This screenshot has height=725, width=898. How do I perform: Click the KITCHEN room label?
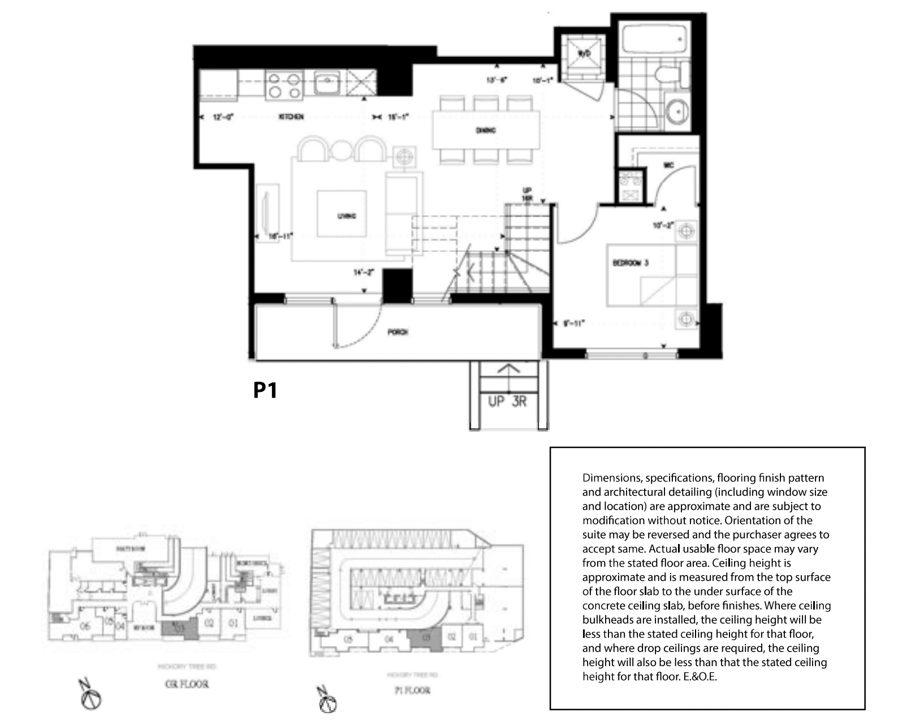click(291, 116)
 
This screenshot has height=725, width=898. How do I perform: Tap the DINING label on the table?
click(486, 130)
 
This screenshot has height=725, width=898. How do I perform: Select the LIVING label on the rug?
click(347, 216)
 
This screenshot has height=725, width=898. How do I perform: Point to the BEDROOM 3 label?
click(630, 263)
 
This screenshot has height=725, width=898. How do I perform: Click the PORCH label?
click(398, 332)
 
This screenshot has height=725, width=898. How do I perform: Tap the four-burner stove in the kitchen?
click(284, 85)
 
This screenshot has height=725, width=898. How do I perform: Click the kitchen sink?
click(326, 84)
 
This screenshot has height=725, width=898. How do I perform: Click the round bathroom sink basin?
click(677, 111)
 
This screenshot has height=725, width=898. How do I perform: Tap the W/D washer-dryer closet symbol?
click(582, 54)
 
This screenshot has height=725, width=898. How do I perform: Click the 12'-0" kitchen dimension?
click(223, 117)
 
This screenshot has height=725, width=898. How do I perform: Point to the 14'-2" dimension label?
click(364, 273)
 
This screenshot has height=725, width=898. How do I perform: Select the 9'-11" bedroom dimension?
click(574, 323)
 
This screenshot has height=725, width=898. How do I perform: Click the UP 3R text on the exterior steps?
click(507, 402)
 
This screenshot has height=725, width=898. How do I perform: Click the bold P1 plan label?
click(265, 390)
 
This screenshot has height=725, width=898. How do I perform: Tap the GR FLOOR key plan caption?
click(187, 684)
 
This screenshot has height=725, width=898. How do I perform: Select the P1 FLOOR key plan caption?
click(412, 691)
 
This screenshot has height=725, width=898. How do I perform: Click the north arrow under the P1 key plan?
click(327, 701)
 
